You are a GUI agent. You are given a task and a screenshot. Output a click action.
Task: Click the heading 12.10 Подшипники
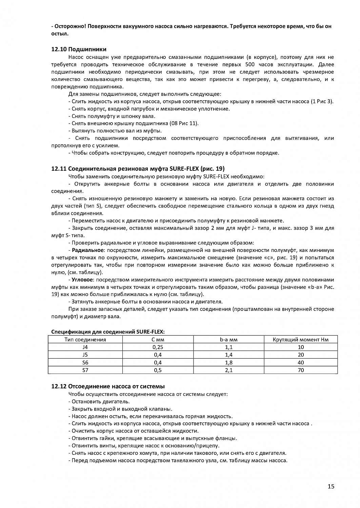click(x=79, y=49)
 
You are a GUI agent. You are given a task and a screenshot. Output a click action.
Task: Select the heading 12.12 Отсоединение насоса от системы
click(x=108, y=386)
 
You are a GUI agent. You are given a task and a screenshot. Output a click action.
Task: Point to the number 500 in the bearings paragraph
click(x=264, y=64)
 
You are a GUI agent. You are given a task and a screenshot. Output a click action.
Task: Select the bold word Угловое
click(x=82, y=280)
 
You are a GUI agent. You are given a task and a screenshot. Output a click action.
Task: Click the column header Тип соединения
click(x=85, y=340)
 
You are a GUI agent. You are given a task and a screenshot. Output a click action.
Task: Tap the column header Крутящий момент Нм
click(x=300, y=340)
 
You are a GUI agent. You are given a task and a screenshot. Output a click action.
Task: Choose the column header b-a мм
click(x=228, y=340)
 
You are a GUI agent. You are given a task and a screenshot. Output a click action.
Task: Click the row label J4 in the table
click(x=85, y=347)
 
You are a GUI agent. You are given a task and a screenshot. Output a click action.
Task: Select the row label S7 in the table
click(x=85, y=370)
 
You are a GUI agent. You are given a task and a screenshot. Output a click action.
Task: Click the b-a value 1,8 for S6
click(x=228, y=362)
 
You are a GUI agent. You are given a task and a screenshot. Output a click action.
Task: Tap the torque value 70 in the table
click(x=301, y=370)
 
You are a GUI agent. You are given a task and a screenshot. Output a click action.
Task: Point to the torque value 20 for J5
click(x=301, y=355)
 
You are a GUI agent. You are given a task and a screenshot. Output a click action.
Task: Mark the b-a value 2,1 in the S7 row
click(x=228, y=370)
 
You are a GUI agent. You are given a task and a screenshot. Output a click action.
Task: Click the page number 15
click(x=331, y=487)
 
